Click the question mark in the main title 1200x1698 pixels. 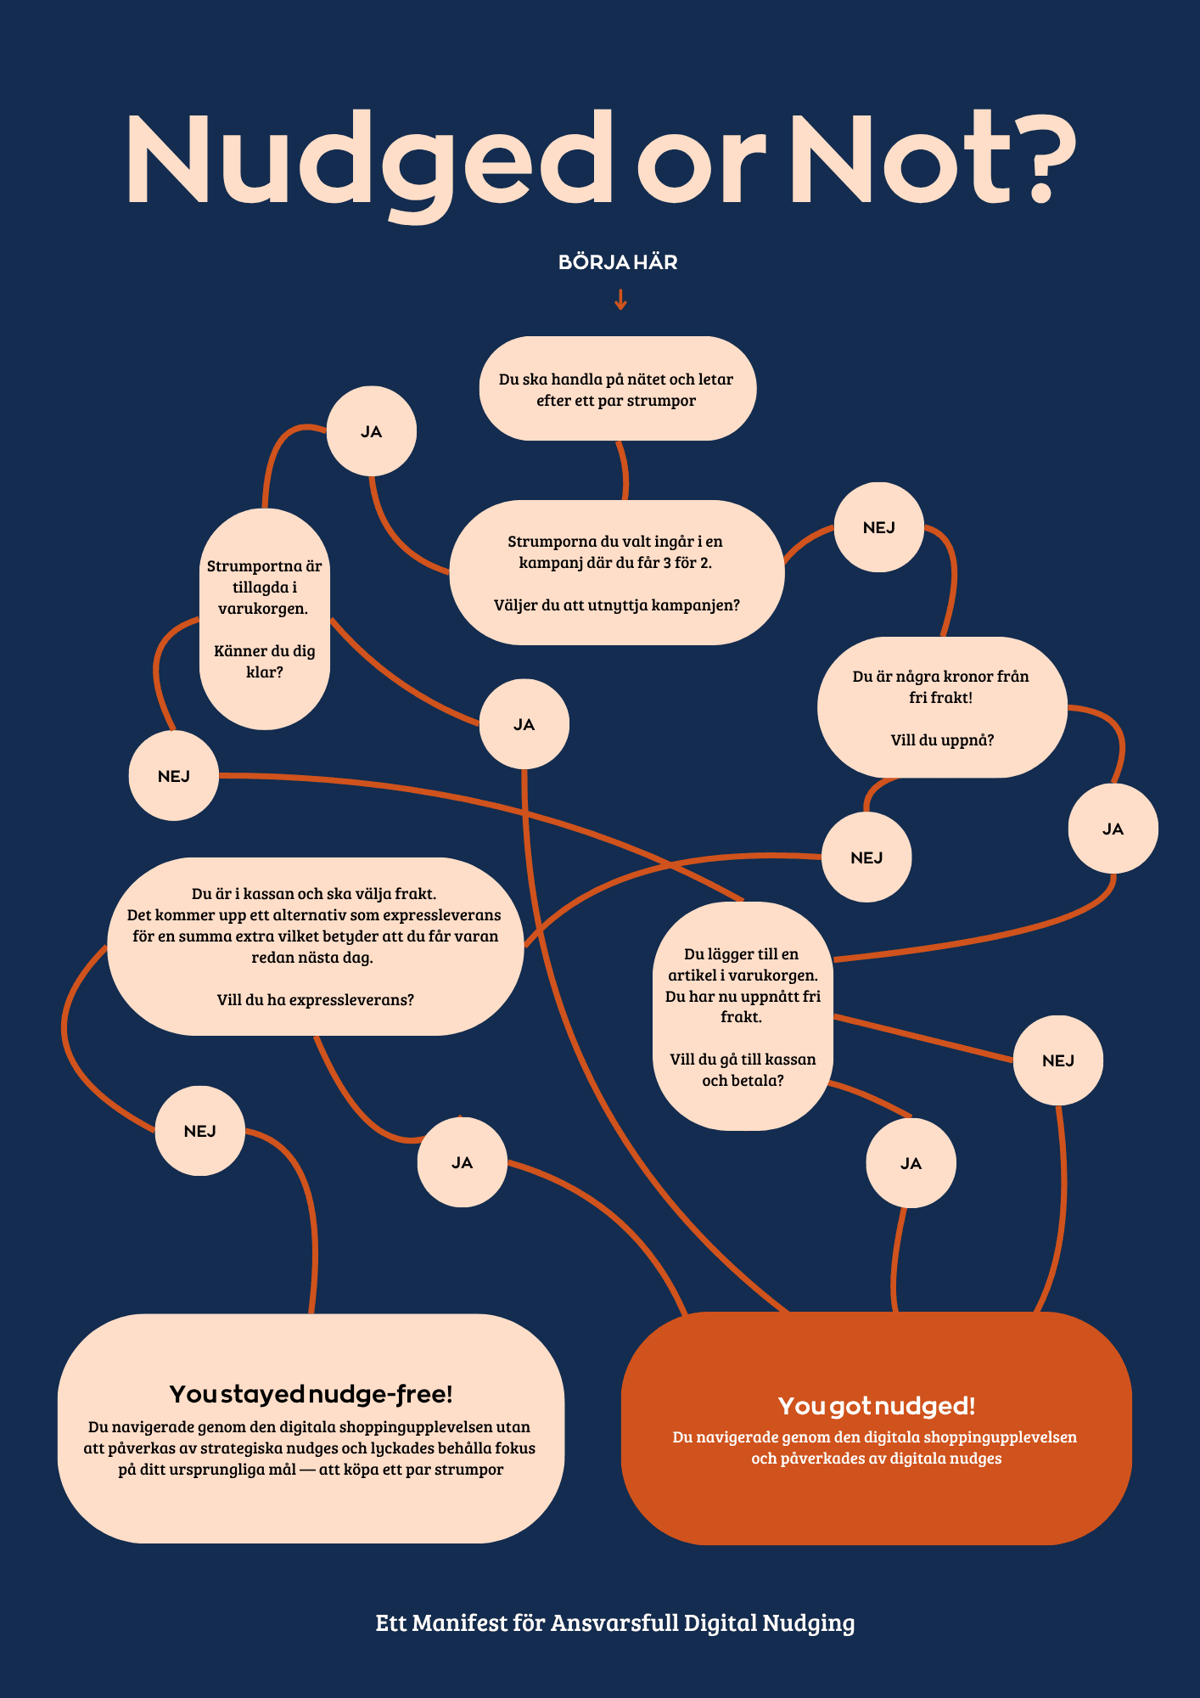1040,157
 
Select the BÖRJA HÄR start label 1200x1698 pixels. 618,262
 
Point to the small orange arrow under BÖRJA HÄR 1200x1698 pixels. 620,300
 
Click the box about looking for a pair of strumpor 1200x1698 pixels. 617,389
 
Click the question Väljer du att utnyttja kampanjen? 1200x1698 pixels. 617,605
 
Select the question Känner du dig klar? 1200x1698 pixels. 265,661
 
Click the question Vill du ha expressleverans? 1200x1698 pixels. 316,1000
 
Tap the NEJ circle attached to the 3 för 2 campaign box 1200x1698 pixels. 879,527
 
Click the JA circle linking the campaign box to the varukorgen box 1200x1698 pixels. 372,431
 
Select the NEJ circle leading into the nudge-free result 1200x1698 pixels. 200,1131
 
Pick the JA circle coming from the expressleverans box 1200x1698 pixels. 463,1162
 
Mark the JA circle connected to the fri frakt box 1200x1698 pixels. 1113,829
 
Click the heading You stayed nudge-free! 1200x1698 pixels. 311,1394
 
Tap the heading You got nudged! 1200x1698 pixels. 877,1406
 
